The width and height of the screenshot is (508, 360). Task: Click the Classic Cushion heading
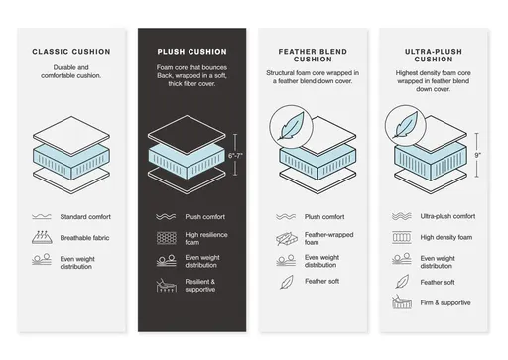[71, 52]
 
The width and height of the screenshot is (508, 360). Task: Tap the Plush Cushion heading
[191, 52]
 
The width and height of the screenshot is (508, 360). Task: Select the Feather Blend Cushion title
[313, 56]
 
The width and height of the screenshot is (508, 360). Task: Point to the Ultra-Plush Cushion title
[434, 56]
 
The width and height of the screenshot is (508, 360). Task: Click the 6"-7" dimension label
[235, 156]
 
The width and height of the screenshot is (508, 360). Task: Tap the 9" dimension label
[477, 155]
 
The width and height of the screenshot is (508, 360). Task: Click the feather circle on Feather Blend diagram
[291, 127]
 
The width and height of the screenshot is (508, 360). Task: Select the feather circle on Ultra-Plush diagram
[406, 126]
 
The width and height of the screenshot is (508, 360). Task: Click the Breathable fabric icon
[42, 237]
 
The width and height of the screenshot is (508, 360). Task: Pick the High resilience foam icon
[167, 238]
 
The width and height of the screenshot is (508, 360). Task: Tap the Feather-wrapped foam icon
[287, 239]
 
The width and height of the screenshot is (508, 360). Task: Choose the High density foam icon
[402, 237]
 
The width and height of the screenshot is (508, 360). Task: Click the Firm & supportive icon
[402, 301]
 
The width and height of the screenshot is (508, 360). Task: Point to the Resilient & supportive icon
[167, 285]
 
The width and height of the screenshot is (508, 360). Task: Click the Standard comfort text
[85, 217]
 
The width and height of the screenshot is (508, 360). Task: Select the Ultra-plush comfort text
[447, 216]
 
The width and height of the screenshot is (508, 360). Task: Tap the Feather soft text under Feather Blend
[321, 281]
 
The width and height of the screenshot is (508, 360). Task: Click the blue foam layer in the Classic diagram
[71, 161]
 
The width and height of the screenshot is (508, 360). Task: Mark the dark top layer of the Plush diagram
[187, 135]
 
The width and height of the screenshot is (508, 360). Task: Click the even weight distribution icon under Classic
[42, 259]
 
